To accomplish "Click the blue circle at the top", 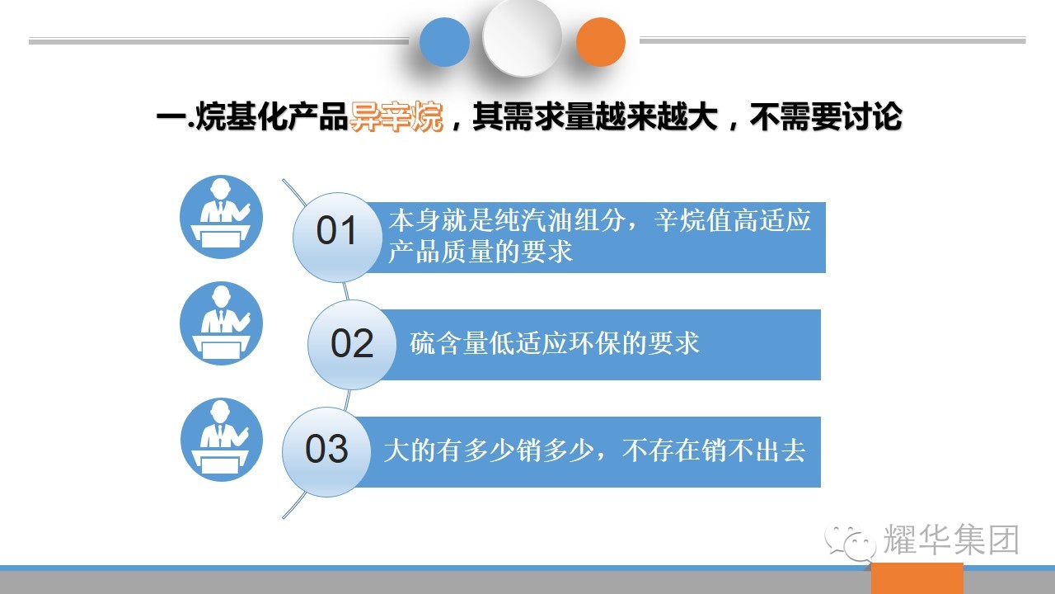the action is [444, 41].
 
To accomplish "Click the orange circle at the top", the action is [601, 41].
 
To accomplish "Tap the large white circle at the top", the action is [523, 37].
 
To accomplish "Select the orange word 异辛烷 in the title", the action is [396, 116].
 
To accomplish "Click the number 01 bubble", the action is [337, 237].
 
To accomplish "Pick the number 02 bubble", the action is [352, 345].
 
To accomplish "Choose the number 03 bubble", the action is [326, 451].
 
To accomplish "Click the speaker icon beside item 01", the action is [222, 217].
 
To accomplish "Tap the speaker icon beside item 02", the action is [222, 323].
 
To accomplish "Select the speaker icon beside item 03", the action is [222, 440].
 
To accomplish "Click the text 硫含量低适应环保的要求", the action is [555, 342].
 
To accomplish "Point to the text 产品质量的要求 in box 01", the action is [481, 252].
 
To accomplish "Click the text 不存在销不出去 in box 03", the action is [714, 450].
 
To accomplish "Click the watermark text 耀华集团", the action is [951, 540].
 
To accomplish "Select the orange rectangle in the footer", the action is [917, 578].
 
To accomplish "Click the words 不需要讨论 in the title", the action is [826, 116].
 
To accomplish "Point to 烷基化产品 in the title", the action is [272, 116].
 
